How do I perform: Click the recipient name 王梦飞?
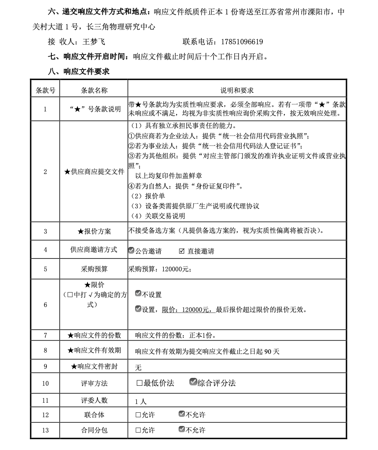[x=94, y=42]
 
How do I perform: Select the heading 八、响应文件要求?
[x=79, y=71]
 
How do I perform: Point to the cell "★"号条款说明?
[x=94, y=109]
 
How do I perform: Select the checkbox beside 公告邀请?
[x=131, y=251]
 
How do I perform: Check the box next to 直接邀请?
[x=182, y=251]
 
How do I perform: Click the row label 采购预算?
[x=94, y=269]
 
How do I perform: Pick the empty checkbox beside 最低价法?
[x=139, y=383]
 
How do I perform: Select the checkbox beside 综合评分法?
[x=193, y=382]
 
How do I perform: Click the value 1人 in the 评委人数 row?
[x=141, y=402]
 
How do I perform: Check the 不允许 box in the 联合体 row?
[x=182, y=414]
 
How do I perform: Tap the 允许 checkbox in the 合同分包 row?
[x=138, y=430]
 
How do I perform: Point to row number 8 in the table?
[x=45, y=351]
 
